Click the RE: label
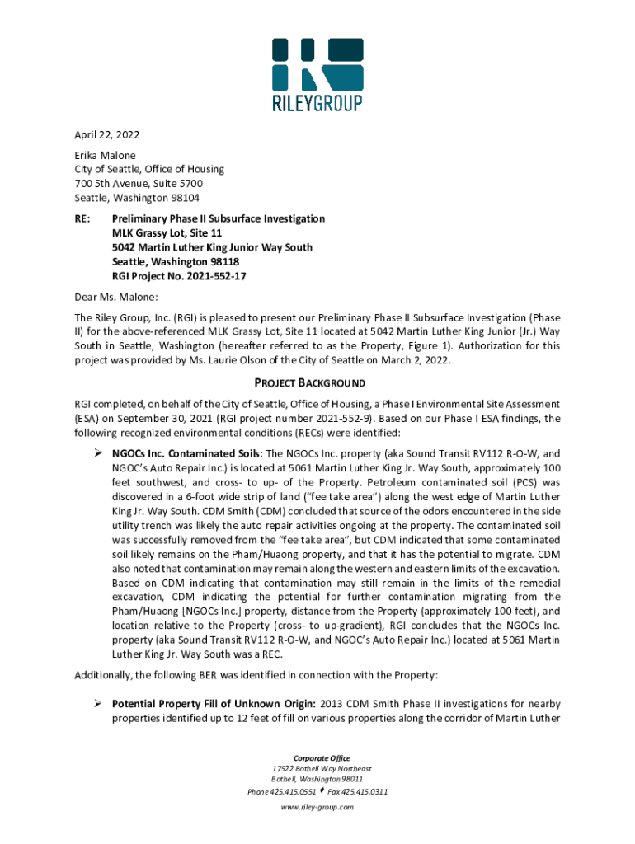tap(82, 218)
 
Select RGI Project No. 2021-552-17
tap(179, 276)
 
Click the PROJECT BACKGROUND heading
tap(317, 383)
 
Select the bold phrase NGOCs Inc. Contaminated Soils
tap(186, 453)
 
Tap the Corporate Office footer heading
tap(317, 758)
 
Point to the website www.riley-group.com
tap(317, 808)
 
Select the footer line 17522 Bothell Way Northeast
tap(317, 769)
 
